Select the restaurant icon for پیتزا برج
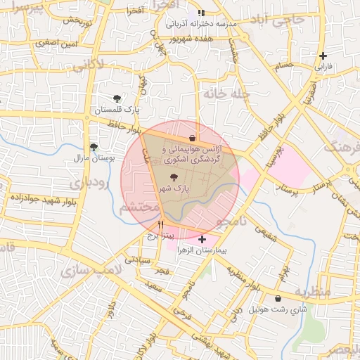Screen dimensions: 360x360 (x=162, y=225)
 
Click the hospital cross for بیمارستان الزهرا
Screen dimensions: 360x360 (x=202, y=239)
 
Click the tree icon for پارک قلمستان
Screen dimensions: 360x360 (x=117, y=98)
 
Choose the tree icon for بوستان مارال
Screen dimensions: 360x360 (x=94, y=147)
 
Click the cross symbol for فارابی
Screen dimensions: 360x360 (x=323, y=56)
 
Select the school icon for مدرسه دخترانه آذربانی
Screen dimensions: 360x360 (x=201, y=13)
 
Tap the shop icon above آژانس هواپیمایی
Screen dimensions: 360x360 (x=193, y=138)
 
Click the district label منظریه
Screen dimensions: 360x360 (x=311, y=291)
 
